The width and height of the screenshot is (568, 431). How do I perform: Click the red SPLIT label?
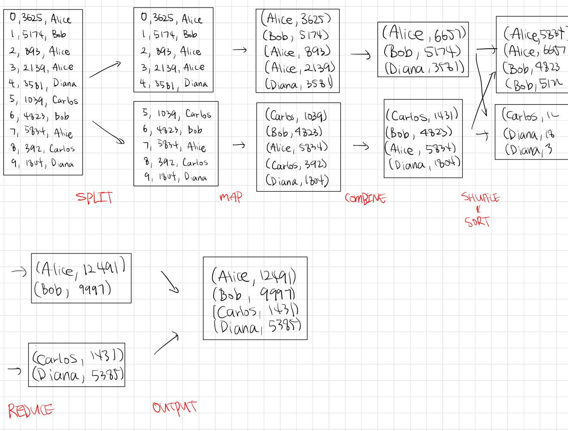(x=95, y=198)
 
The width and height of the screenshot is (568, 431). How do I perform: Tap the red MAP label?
(x=231, y=197)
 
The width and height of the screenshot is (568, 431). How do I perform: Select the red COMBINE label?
(x=365, y=198)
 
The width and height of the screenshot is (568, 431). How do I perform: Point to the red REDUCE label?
(x=31, y=410)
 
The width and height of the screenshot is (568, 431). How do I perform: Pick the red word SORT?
(x=478, y=222)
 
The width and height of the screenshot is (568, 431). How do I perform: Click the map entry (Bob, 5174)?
(x=296, y=35)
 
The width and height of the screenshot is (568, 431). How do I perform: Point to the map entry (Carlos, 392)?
(x=296, y=164)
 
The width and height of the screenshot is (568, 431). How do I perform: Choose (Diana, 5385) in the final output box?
(x=257, y=327)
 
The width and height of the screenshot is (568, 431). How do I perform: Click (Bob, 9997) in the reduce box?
(x=73, y=289)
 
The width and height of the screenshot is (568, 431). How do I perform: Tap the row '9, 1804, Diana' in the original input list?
(x=42, y=164)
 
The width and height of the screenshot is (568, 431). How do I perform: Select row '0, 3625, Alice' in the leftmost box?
(x=40, y=19)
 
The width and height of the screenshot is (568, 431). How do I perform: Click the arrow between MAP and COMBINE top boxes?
(x=360, y=55)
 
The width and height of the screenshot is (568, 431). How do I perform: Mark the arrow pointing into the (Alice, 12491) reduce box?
(x=19, y=271)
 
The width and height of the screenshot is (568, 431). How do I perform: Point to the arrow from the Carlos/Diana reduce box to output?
(x=166, y=344)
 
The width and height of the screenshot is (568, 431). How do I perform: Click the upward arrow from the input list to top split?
(x=105, y=69)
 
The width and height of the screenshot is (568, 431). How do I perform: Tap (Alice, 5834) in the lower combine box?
(x=421, y=149)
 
